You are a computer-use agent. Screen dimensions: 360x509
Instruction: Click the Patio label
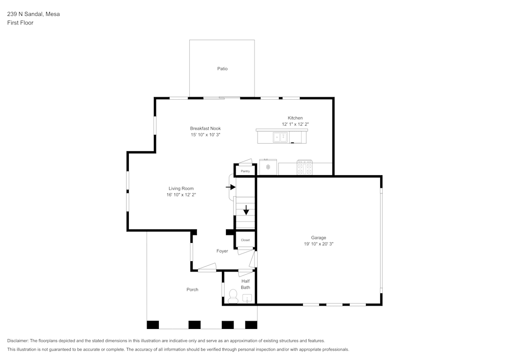point(222,69)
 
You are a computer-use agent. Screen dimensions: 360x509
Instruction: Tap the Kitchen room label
point(295,118)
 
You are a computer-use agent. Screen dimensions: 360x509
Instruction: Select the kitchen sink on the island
point(280,137)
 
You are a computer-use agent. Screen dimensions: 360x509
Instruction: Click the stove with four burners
point(305,168)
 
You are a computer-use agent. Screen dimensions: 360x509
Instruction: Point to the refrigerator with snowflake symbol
point(268,167)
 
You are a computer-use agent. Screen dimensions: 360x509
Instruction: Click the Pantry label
point(245,171)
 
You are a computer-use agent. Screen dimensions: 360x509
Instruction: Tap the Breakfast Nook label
point(206,128)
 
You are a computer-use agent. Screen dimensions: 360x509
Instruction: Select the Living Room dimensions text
point(181,195)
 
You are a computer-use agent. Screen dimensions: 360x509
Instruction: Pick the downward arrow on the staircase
point(246,209)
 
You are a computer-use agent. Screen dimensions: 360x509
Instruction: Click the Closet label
point(245,240)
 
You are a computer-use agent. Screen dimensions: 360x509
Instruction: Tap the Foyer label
point(222,251)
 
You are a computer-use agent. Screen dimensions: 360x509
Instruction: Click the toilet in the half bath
point(233,296)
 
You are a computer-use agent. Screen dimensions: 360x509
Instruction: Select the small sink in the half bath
point(247,298)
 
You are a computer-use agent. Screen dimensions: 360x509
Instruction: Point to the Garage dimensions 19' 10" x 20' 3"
point(319,244)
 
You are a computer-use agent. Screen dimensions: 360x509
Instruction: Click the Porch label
point(192,290)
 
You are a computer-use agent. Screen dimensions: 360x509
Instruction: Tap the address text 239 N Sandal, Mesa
point(33,14)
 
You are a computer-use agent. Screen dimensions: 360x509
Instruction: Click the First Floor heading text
point(20,23)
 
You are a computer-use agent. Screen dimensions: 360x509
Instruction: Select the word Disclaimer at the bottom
point(18,341)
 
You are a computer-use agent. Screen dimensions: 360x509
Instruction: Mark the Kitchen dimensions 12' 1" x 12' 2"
point(295,124)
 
